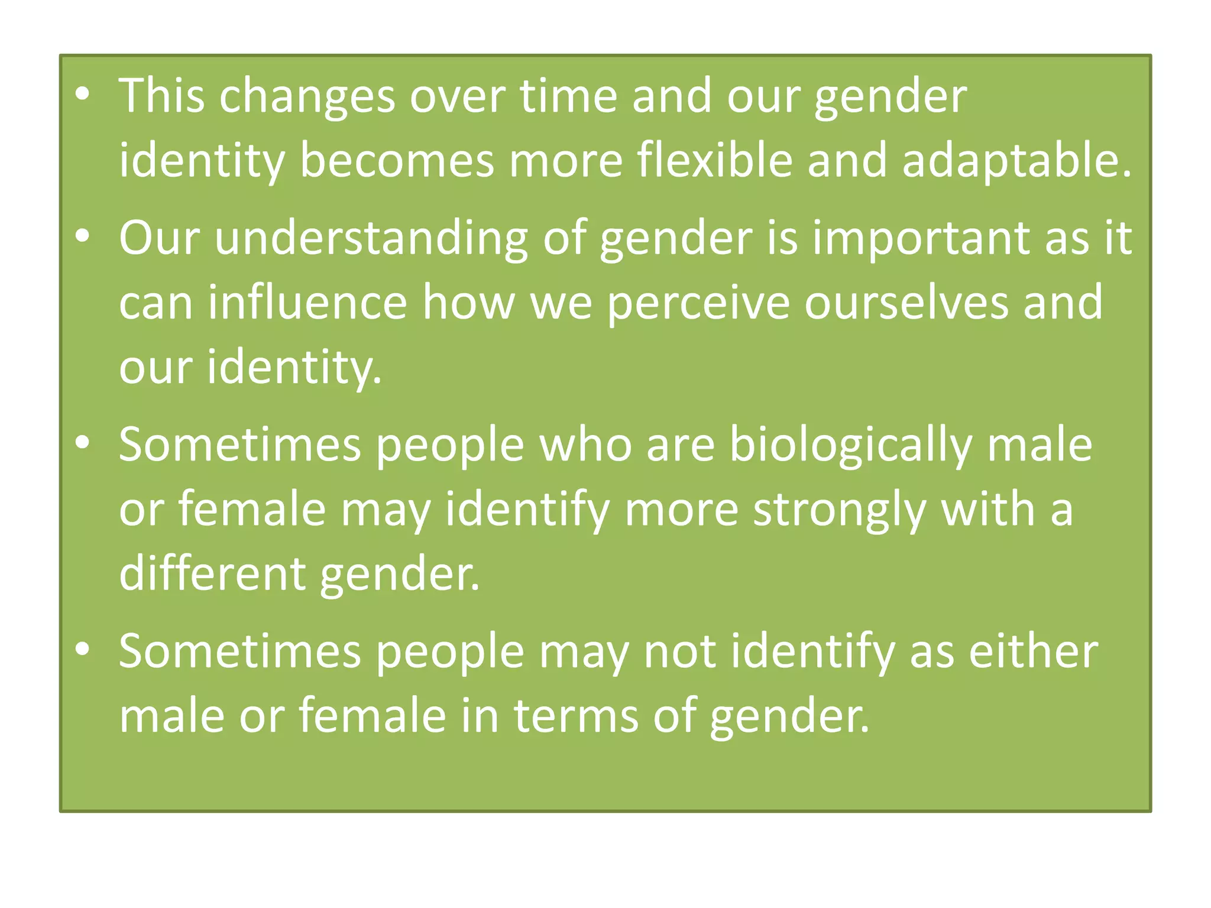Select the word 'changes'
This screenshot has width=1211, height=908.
(307, 96)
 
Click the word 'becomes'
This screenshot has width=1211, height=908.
(397, 160)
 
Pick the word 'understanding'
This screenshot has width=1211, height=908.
(371, 238)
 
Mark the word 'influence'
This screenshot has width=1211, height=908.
(307, 302)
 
